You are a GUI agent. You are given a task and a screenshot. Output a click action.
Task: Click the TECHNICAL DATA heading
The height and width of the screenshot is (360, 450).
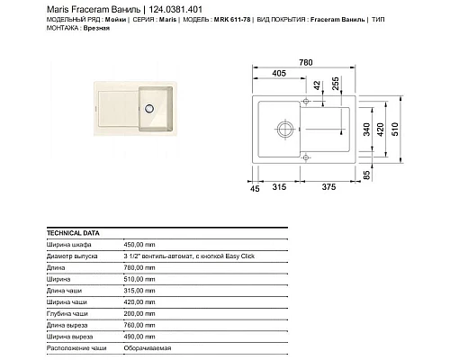pos(69,231)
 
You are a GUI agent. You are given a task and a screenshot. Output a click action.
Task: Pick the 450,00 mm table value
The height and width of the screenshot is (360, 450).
pos(139,244)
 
